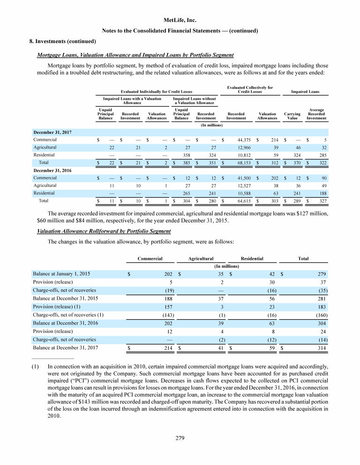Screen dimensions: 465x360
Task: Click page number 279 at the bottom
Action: tap(180, 438)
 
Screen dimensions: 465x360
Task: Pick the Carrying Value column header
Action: tap(292, 116)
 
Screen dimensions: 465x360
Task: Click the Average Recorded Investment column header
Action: tap(316, 114)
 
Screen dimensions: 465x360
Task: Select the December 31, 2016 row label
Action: tap(52, 170)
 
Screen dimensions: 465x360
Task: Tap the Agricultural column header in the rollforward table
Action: tap(201, 258)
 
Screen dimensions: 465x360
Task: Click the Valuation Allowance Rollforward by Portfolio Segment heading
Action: tap(104, 231)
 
